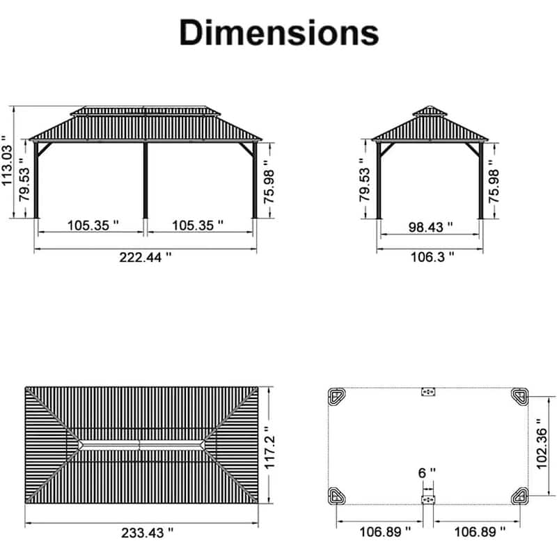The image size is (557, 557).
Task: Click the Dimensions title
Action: (279, 33)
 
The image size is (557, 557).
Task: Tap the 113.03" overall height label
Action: (7, 160)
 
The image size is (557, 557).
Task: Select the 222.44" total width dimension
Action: (146, 257)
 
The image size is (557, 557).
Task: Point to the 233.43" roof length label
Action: (148, 533)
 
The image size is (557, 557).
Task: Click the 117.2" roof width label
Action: (269, 448)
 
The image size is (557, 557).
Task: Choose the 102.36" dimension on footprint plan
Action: (542, 444)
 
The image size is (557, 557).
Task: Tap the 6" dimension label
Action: (427, 473)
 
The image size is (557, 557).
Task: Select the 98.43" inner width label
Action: (430, 227)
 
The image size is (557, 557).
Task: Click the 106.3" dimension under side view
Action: (432, 257)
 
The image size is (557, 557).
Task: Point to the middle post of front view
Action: (146, 180)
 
